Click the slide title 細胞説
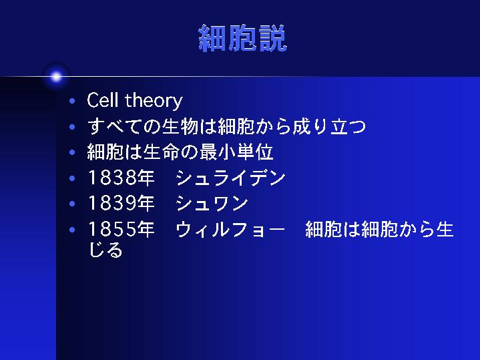242,38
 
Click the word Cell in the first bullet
102,100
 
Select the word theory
154,101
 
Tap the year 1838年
122,178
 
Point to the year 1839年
122,203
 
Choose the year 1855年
122,229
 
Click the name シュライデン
231,178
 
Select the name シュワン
212,203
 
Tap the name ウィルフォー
230,229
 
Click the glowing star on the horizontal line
56,77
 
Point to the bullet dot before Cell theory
72,101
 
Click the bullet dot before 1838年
72,178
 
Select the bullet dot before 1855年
72,230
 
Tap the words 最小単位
236,152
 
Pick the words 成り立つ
329,126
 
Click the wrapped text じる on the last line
105,249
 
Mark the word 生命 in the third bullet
162,152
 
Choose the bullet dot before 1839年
72,204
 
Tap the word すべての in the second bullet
124,126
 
